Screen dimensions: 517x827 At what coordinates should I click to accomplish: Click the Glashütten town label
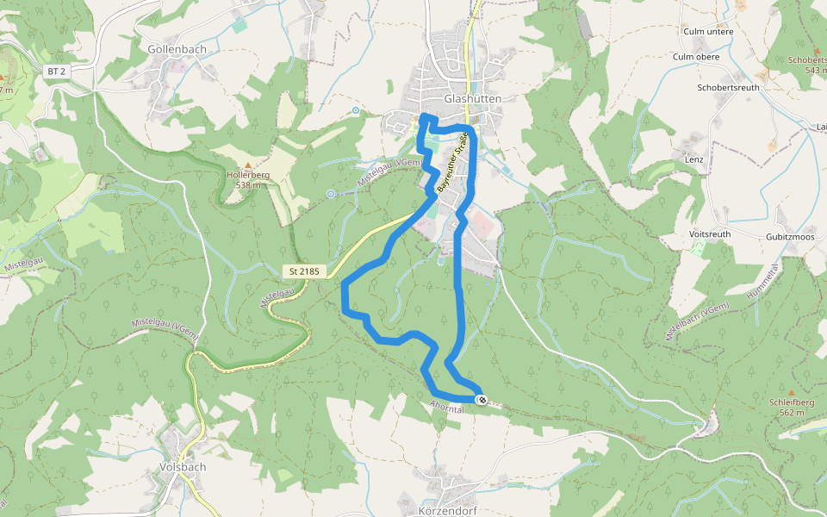point(472,99)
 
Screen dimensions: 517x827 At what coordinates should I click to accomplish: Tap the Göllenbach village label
point(177,49)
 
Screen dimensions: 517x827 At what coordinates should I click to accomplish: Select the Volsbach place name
point(183,467)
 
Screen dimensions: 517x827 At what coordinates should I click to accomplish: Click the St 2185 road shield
point(304,271)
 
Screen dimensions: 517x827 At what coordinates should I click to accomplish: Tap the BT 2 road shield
point(57,72)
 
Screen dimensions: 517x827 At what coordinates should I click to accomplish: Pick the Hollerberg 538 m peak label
point(248,179)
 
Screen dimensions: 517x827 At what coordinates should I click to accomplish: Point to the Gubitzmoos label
point(790,236)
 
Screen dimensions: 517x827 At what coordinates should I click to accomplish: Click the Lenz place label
point(693,159)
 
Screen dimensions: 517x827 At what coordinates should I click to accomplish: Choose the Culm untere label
point(707,32)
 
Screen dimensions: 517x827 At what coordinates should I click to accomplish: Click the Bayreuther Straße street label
point(453,161)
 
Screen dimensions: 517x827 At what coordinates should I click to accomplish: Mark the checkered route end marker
point(482,399)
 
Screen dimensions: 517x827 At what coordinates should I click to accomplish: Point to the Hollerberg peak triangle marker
point(248,165)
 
